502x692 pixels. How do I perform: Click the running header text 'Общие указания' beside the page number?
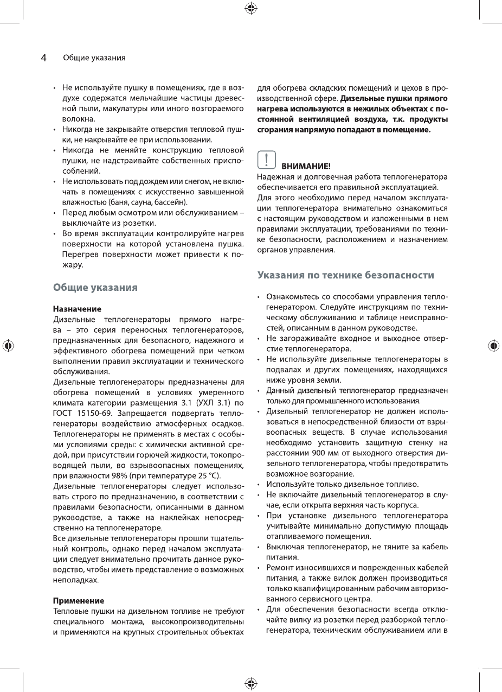(x=94, y=58)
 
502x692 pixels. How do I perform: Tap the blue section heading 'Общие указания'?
(x=95, y=288)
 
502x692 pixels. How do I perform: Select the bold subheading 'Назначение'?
(x=76, y=308)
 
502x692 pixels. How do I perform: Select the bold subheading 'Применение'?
(x=78, y=601)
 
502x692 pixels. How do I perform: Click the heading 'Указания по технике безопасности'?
(x=345, y=275)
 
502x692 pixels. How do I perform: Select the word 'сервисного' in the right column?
(x=306, y=599)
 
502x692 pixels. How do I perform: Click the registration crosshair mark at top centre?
(x=251, y=8)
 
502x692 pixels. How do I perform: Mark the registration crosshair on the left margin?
(x=8, y=346)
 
